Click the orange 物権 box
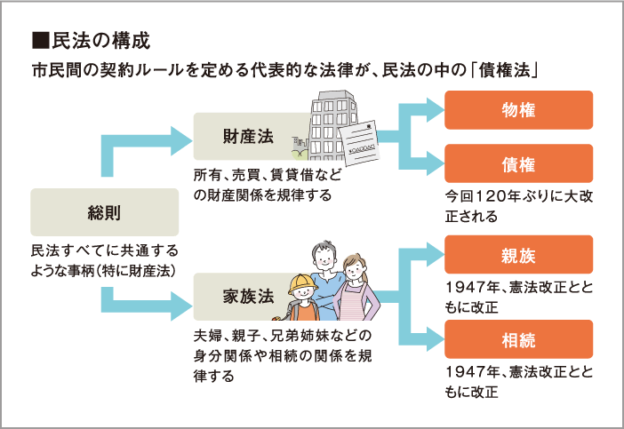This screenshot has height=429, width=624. pyautogui.click(x=518, y=110)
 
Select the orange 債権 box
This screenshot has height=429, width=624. pyautogui.click(x=518, y=163)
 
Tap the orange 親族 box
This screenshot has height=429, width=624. pyautogui.click(x=518, y=254)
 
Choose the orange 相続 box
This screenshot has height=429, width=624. pyautogui.click(x=518, y=339)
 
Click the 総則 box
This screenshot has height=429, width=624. pyautogui.click(x=105, y=212)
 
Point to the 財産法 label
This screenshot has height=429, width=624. pyautogui.click(x=248, y=137)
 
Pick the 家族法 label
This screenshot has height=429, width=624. pyautogui.click(x=248, y=297)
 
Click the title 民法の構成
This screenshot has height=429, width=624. pyautogui.click(x=101, y=41)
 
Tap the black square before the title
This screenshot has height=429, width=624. pyautogui.click(x=41, y=41)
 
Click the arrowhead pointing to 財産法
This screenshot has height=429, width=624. pyautogui.click(x=181, y=140)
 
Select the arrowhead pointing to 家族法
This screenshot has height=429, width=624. pyautogui.click(x=181, y=306)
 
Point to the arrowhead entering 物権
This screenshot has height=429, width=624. pyautogui.click(x=435, y=110)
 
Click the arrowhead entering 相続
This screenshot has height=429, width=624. pyautogui.click(x=435, y=339)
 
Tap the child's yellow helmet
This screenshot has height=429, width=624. pyautogui.click(x=302, y=283)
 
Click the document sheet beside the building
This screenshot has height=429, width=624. pyautogui.click(x=359, y=143)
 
